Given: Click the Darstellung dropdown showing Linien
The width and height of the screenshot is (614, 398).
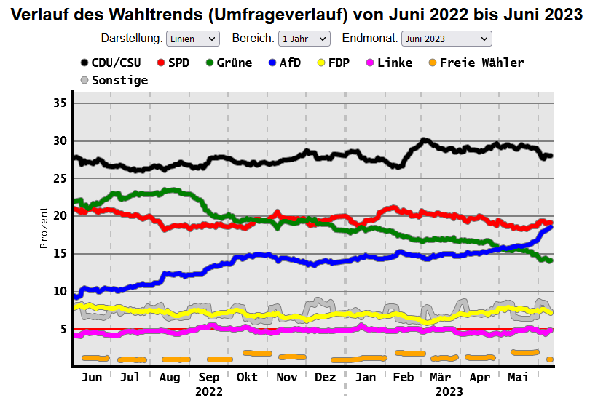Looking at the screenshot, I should [192, 39].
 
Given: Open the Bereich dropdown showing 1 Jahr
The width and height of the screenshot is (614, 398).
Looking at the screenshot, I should [304, 39].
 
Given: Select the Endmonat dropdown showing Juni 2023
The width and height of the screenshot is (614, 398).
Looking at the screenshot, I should [446, 39].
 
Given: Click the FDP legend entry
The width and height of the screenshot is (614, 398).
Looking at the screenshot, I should [332, 63].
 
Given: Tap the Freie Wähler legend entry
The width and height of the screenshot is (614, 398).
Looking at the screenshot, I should [474, 63].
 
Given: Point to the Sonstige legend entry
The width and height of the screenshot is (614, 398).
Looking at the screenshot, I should [114, 80].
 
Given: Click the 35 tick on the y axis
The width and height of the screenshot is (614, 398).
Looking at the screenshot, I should [60, 103].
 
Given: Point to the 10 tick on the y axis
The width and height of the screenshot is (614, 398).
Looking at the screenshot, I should [60, 292].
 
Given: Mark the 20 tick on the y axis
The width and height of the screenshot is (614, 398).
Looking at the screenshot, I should [60, 216].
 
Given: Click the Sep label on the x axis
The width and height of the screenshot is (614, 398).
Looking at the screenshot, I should [209, 377].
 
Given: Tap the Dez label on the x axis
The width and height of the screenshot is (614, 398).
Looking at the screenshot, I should [325, 377].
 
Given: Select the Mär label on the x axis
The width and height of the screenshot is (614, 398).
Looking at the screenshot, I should [441, 377].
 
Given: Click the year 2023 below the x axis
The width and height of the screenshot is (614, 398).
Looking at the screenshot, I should [449, 391].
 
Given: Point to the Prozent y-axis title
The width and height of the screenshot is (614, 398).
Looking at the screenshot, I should [44, 228].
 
